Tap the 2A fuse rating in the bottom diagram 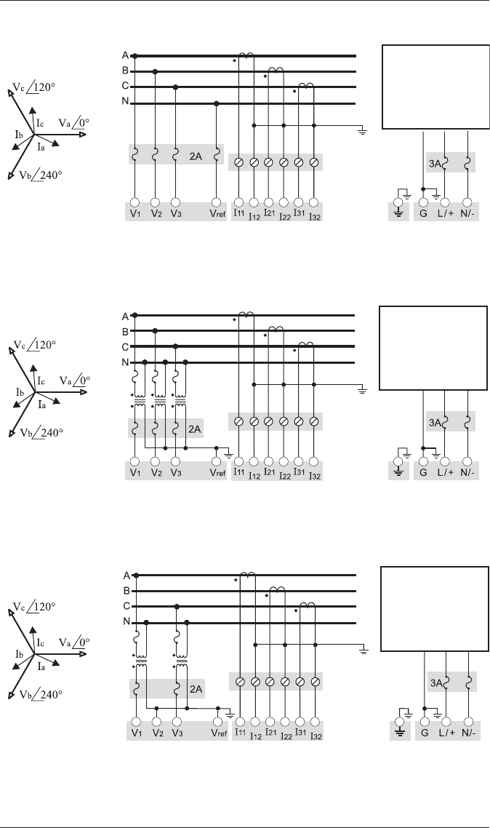tap(195, 688)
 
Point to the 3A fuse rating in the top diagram tap(433, 164)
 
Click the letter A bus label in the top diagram tap(125, 55)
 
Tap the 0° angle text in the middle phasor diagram tap(84, 380)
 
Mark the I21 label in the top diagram tap(268, 213)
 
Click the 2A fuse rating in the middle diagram tap(195, 429)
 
